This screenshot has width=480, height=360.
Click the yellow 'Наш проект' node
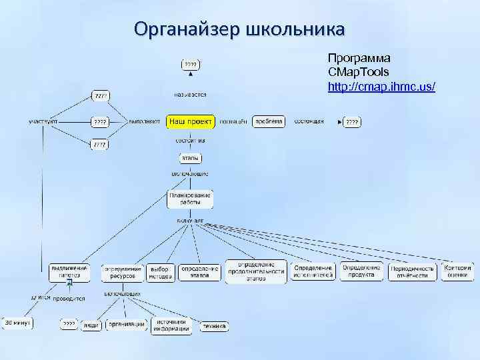(x=191, y=122)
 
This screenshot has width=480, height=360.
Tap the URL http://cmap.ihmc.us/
(x=381, y=87)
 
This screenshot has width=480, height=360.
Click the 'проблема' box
(x=269, y=121)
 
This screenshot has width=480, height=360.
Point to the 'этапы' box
(x=191, y=159)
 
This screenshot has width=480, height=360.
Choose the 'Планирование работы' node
(x=190, y=199)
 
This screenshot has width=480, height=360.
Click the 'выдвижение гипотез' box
(x=69, y=271)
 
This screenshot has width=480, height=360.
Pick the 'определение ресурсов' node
(x=123, y=272)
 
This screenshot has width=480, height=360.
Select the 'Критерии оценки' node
(x=457, y=271)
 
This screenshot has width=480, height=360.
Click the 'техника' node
(x=215, y=327)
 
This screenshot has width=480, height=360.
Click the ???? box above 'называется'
(x=191, y=64)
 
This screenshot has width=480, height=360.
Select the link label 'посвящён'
(x=233, y=122)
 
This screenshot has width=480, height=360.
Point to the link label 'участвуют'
(x=43, y=122)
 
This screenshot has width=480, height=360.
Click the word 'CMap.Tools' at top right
(x=359, y=71)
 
